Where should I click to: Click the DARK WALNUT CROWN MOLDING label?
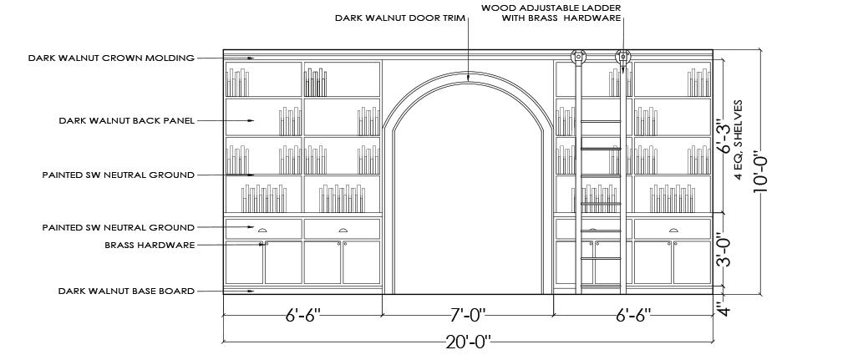point(111,58)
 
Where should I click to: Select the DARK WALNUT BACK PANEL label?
point(126,120)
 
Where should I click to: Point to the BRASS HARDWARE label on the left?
point(150,245)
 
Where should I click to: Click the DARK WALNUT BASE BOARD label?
point(126,291)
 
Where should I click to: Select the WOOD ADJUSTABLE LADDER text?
point(551,8)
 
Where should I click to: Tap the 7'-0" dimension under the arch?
point(467,315)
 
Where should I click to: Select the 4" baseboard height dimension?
point(725,310)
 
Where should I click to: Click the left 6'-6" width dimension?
point(302,315)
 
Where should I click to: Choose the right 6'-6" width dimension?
point(633,315)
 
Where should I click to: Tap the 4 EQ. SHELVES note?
point(739,139)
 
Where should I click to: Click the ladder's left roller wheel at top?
point(577,58)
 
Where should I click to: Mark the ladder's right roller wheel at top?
point(622,58)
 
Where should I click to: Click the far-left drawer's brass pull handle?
point(262,230)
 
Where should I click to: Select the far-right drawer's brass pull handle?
point(673,230)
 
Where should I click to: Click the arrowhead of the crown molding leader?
point(251,58)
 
